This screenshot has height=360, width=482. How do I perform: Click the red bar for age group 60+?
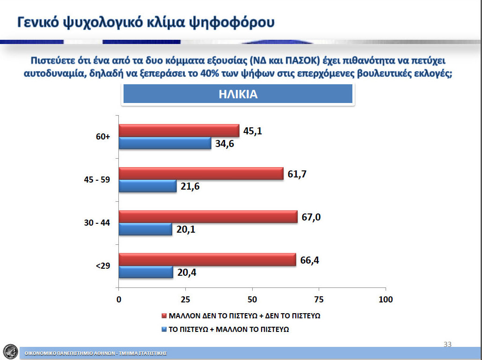[x=179, y=131]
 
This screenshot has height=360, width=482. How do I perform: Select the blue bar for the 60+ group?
[x=165, y=143]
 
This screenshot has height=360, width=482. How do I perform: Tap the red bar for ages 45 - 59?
[x=201, y=174]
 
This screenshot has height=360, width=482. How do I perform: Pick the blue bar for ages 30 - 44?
[x=146, y=229]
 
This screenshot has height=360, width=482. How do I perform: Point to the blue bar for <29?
[x=146, y=272]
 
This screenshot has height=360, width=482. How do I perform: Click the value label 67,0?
[x=311, y=217]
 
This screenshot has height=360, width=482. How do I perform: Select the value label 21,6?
[x=190, y=186]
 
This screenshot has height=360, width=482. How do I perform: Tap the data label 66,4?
[x=309, y=260]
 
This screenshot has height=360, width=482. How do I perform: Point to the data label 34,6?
[x=225, y=143]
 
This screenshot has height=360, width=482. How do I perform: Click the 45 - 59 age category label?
[x=97, y=180]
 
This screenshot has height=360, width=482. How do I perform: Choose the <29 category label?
[x=103, y=265]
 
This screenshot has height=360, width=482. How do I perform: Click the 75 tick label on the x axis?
[x=319, y=300]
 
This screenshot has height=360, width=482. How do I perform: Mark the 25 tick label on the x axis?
[x=186, y=300]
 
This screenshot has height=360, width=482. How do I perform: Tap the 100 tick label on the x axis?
[x=386, y=300]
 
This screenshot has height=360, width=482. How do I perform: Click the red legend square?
[x=164, y=316]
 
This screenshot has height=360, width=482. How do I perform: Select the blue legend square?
[x=164, y=329]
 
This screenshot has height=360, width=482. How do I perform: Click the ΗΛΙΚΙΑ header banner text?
[x=238, y=94]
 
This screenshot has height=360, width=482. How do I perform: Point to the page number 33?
[x=447, y=345]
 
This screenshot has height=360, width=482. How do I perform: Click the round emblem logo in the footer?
[x=10, y=352]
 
